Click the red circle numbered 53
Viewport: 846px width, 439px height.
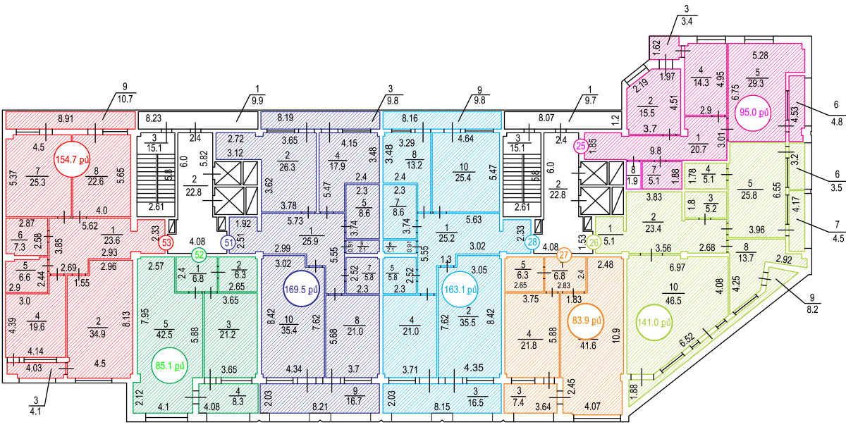166,242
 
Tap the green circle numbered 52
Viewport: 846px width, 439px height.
200,254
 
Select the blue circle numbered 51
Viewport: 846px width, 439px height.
228,242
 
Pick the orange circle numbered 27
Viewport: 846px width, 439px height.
563,254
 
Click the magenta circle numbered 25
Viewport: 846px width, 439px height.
581,146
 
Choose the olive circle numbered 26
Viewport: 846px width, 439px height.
594,242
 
